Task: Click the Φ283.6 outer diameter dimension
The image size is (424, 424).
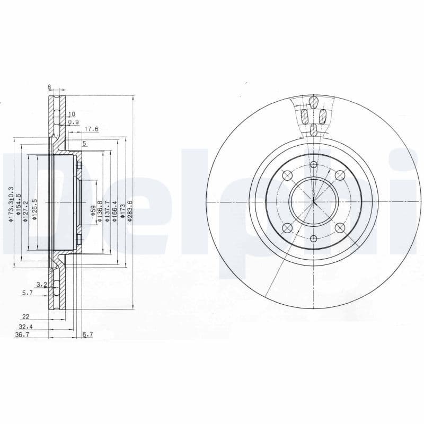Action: [130, 210]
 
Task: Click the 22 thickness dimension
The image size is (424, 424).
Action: [25, 317]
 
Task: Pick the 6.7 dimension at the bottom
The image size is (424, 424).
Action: [88, 334]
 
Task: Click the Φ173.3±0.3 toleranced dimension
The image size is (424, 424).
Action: [11, 205]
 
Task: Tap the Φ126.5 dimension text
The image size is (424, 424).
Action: [34, 210]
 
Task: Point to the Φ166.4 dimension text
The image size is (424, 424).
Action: [114, 210]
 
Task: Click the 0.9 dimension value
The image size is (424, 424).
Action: [73, 122]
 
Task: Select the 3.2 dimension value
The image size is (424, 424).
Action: [42, 285]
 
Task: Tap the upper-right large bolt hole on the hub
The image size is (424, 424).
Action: [340, 175]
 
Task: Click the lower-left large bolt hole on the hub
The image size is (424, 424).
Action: [287, 227]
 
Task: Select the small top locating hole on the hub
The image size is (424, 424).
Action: [314, 164]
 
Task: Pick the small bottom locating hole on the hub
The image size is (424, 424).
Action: [314, 238]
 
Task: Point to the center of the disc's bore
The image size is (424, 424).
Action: [314, 201]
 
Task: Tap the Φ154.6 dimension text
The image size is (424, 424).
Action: [18, 207]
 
